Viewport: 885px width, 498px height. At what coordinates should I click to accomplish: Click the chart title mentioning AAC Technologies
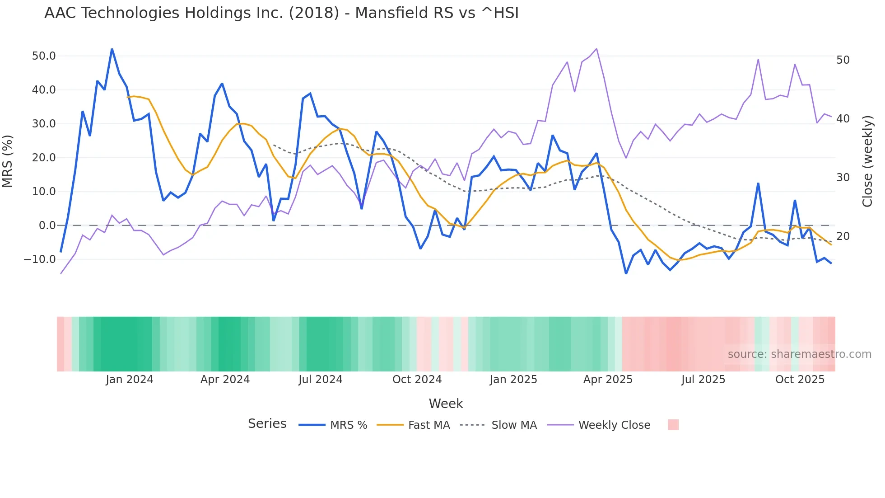[x=281, y=13]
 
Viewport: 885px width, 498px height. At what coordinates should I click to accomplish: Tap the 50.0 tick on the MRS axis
[x=43, y=56]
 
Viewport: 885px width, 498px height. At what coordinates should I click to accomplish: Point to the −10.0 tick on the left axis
[x=40, y=259]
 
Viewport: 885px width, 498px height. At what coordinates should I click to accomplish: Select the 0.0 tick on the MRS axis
[x=47, y=226]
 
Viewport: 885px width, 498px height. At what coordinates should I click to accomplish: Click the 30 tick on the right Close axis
[x=843, y=178]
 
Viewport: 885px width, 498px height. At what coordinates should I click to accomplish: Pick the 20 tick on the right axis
[x=843, y=236]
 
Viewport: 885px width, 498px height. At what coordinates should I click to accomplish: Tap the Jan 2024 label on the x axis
[x=130, y=380]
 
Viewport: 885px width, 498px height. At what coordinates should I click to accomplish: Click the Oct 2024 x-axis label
[x=417, y=380]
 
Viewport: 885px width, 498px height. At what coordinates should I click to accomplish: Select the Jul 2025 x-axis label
[x=703, y=380]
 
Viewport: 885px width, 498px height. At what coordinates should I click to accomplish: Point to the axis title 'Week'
[x=446, y=404]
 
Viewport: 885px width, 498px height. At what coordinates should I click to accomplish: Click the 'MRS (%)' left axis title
[x=8, y=161]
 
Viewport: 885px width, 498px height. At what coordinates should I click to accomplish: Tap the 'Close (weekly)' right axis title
[x=867, y=161]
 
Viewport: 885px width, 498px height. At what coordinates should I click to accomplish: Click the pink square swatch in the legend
[x=673, y=425]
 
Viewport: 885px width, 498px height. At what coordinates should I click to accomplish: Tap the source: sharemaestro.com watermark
[x=799, y=354]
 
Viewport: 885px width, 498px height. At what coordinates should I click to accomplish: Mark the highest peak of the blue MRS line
[x=112, y=49]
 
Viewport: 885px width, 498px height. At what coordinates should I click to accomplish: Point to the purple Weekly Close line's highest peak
[x=596, y=49]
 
